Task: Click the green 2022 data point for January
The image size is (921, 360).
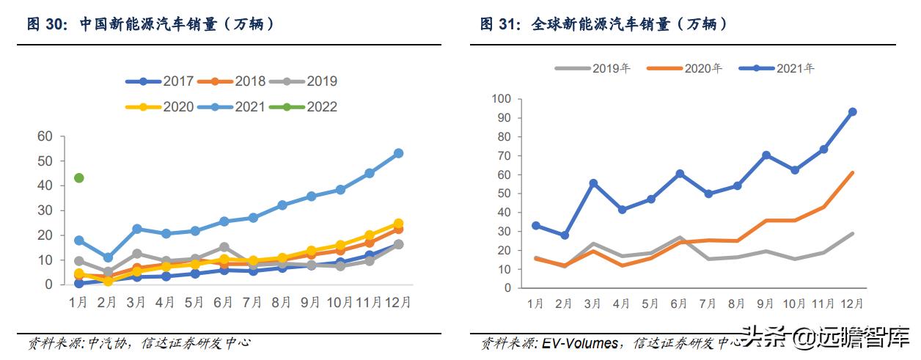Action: (x=79, y=178)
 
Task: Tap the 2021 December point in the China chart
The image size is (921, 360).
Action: (x=398, y=153)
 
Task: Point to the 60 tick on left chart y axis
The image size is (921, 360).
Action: (x=45, y=136)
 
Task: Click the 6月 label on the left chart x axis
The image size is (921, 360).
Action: (x=224, y=301)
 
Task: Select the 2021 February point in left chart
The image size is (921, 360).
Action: (x=108, y=258)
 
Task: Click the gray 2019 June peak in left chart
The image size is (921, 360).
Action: (x=224, y=247)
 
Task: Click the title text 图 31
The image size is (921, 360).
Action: (x=499, y=24)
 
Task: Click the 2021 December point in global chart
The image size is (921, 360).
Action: (x=852, y=112)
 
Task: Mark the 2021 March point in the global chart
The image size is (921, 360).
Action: (x=593, y=183)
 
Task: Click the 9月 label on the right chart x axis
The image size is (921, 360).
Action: (x=766, y=302)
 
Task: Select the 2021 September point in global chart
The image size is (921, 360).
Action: (x=766, y=155)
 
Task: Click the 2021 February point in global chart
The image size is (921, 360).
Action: (x=564, y=235)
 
